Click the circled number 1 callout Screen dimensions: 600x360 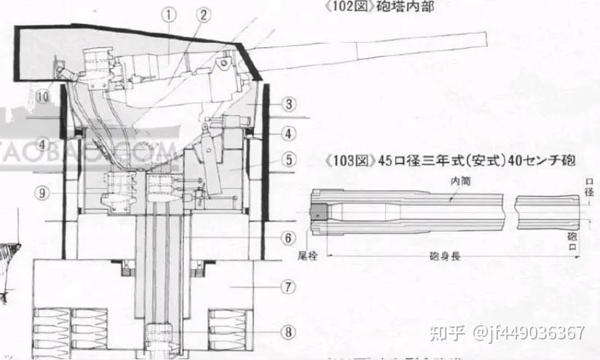click(x=169, y=13)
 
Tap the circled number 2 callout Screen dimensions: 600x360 click(x=203, y=14)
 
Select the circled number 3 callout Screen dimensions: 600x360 click(x=288, y=104)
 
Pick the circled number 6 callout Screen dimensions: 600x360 click(x=288, y=238)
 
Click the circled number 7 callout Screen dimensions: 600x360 click(x=288, y=287)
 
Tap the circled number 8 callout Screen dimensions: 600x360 click(x=288, y=332)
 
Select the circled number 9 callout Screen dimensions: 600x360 click(x=44, y=192)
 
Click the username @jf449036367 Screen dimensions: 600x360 click(x=528, y=334)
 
